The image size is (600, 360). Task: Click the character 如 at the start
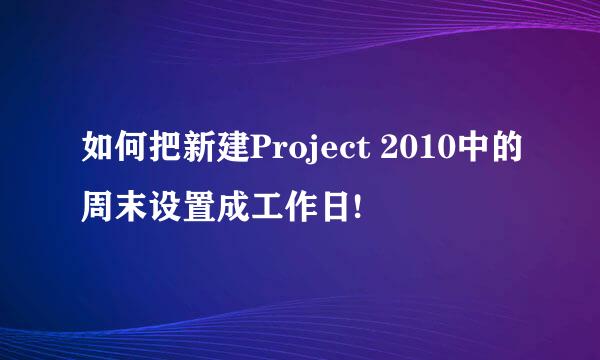coord(99,152)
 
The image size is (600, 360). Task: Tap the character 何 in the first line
coord(133,152)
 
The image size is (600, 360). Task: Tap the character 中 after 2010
coord(466,152)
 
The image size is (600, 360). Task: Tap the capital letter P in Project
coord(263,152)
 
